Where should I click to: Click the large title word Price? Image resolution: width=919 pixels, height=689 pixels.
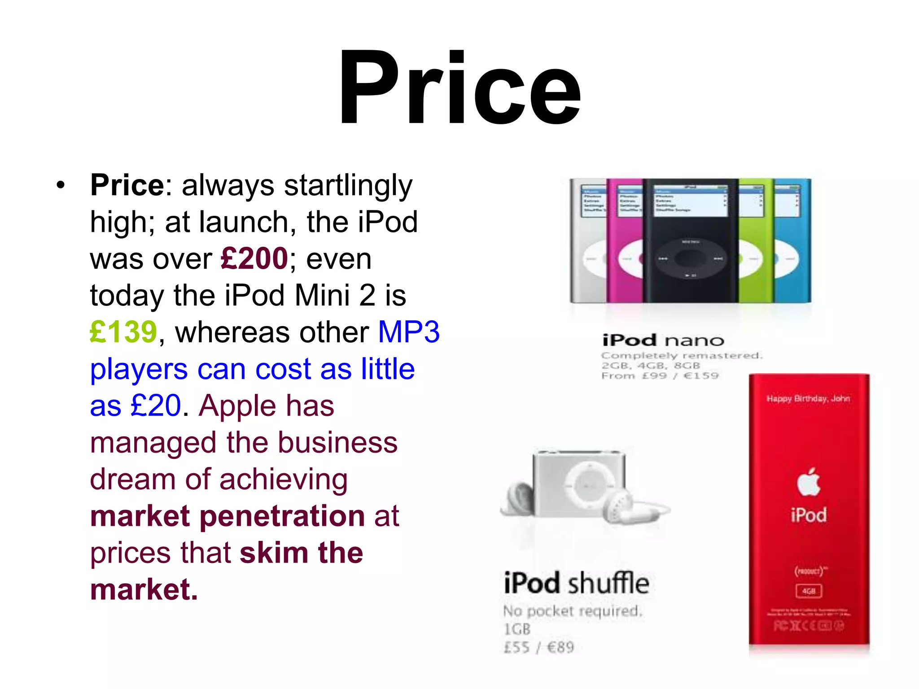pyautogui.click(x=459, y=87)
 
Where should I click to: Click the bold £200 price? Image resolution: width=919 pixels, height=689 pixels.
pyautogui.click(x=254, y=258)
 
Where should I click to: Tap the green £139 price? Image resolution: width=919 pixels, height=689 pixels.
pyautogui.click(x=123, y=332)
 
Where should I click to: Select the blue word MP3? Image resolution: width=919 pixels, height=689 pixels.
pyautogui.click(x=409, y=332)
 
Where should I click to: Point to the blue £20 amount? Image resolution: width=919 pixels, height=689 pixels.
pyautogui.click(x=156, y=406)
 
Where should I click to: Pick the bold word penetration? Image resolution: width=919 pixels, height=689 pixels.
pyautogui.click(x=282, y=516)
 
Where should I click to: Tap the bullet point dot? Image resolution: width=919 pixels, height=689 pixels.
pyautogui.click(x=61, y=185)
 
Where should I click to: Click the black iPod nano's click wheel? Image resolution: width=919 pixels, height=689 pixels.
pyautogui.click(x=690, y=259)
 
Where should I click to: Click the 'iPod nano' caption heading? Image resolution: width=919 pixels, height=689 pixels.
pyautogui.click(x=663, y=340)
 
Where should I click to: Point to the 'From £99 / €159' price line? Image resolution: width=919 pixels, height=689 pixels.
pyautogui.click(x=660, y=375)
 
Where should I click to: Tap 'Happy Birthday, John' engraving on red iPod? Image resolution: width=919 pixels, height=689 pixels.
pyautogui.click(x=808, y=398)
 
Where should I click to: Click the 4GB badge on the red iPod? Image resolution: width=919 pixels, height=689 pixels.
pyautogui.click(x=809, y=591)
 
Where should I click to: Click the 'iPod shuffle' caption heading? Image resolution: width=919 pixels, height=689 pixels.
pyautogui.click(x=576, y=583)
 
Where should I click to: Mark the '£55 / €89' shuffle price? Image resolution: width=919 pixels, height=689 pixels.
pyautogui.click(x=539, y=647)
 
